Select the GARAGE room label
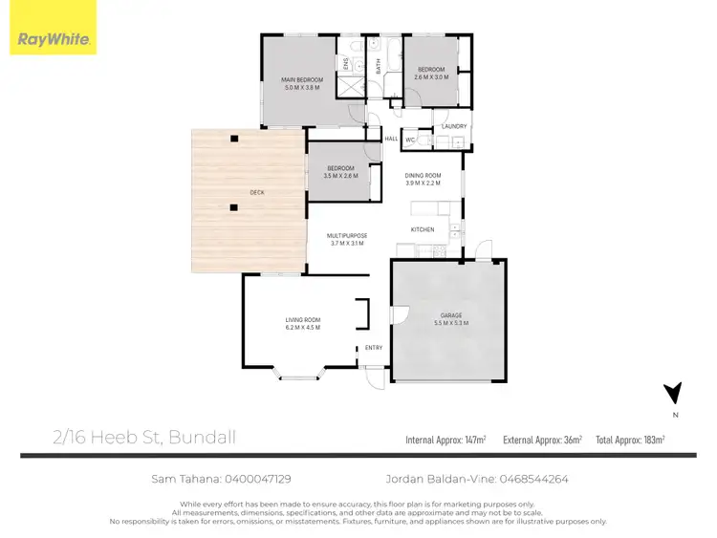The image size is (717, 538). (x=451, y=318)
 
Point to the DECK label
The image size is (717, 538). (x=256, y=192)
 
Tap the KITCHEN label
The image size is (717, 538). (x=423, y=229)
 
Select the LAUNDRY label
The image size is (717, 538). (x=453, y=126)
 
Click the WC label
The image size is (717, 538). (x=410, y=140)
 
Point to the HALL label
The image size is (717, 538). (x=391, y=139)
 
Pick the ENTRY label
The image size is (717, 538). (x=374, y=348)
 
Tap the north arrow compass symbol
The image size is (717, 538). (x=675, y=393)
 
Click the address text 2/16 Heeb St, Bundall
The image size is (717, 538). (x=144, y=439)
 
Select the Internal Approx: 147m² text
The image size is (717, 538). (x=445, y=440)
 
